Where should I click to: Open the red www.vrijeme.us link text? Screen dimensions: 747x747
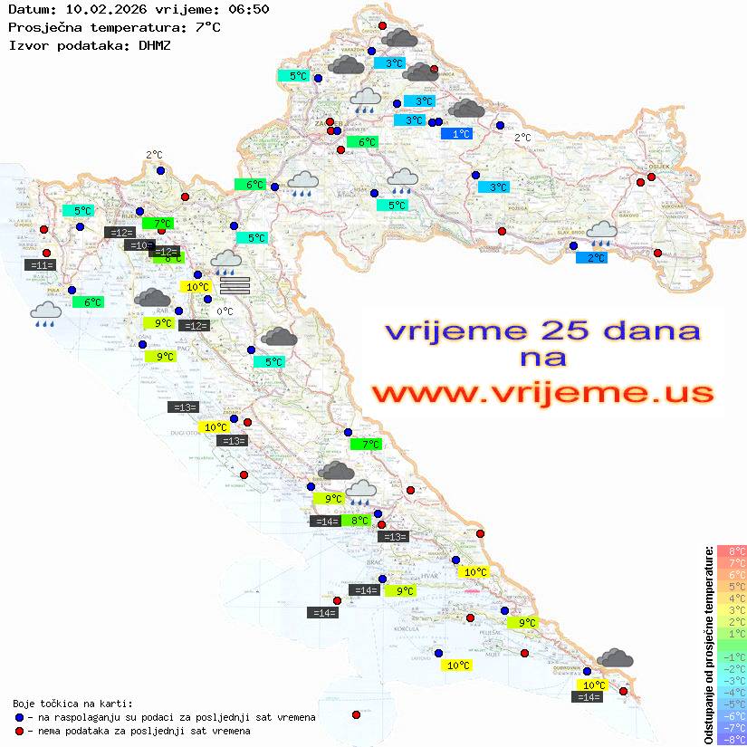[541, 391]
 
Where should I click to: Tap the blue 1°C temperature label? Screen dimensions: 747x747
[456, 134]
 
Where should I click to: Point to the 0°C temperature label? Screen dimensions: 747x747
[225, 311]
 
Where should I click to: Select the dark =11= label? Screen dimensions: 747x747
[42, 265]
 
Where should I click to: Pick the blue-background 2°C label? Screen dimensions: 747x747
[591, 258]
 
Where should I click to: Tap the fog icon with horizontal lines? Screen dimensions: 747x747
[235, 286]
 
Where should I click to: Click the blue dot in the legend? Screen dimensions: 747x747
[19, 717]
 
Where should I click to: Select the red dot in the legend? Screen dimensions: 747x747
[19, 731]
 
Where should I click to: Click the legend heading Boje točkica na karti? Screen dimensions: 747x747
[72, 704]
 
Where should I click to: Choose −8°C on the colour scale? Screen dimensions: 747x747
[731, 740]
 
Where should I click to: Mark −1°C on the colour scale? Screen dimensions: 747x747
[731, 657]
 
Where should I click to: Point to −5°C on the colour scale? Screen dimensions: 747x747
[731, 704]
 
